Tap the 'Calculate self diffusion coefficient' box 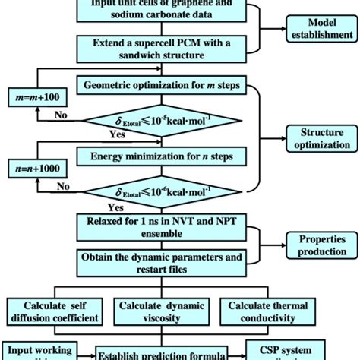coord(49,311)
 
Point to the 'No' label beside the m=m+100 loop coord(59,116)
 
